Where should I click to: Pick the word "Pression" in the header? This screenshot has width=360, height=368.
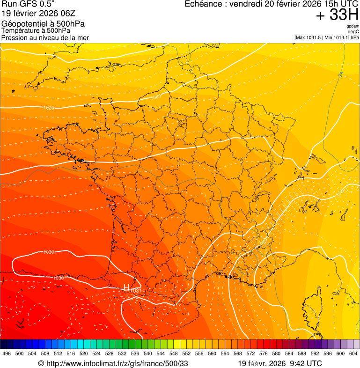tap(14, 37)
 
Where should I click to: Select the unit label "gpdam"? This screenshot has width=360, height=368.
tap(353, 26)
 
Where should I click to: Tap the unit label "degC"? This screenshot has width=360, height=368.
tap(353, 31)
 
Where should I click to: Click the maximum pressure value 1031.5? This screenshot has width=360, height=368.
tap(315, 37)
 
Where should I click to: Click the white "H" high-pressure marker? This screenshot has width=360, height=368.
tap(126, 287)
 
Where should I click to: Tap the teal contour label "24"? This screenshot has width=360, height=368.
tap(341, 74)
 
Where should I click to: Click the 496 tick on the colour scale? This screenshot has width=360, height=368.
tap(7, 353)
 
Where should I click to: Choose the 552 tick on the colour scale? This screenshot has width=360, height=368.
tap(186, 353)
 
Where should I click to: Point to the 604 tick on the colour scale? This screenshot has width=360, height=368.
tap(353, 353)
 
